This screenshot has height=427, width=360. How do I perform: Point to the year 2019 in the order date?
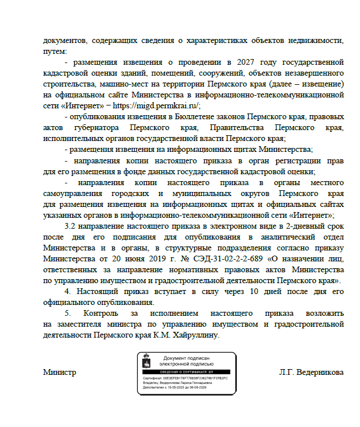[x=147, y=260]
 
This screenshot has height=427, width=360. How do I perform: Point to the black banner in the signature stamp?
[x=186, y=371]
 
